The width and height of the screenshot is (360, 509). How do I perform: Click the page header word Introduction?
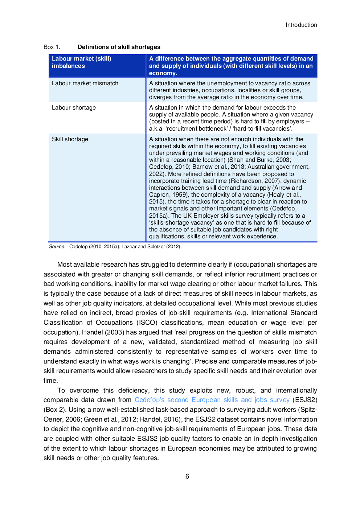pos(301,25)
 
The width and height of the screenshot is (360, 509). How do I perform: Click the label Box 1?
pos(52,47)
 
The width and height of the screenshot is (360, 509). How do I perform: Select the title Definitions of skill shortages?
pos(119,47)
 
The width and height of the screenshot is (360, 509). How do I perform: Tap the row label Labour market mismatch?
pos(85,83)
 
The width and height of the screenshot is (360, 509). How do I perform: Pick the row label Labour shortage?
pos(74,108)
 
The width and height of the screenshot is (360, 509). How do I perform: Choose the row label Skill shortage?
pos(70,139)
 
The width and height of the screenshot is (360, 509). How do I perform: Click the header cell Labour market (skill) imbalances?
pos(81,62)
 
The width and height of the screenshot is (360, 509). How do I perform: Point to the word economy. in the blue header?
pos(163,73)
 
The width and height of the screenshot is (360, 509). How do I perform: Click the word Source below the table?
pos(57,247)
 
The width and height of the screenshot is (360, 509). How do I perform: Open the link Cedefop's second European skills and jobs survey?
pos(212,400)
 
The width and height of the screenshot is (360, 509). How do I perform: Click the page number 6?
pos(187,476)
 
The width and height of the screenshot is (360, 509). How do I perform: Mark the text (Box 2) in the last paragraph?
pos(54,410)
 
